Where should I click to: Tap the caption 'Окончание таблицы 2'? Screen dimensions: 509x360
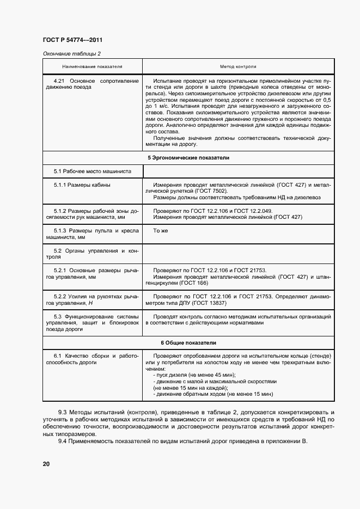coord(71,53)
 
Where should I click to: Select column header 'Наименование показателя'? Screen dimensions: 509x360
coord(92,66)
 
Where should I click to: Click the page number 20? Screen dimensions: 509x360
coord(46,463)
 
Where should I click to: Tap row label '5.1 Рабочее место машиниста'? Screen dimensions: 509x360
coord(93,171)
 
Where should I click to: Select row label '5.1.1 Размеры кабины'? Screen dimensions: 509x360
coord(82,185)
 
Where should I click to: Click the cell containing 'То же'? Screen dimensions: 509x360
coord(161,231)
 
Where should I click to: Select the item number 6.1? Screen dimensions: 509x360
coord(58,356)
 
